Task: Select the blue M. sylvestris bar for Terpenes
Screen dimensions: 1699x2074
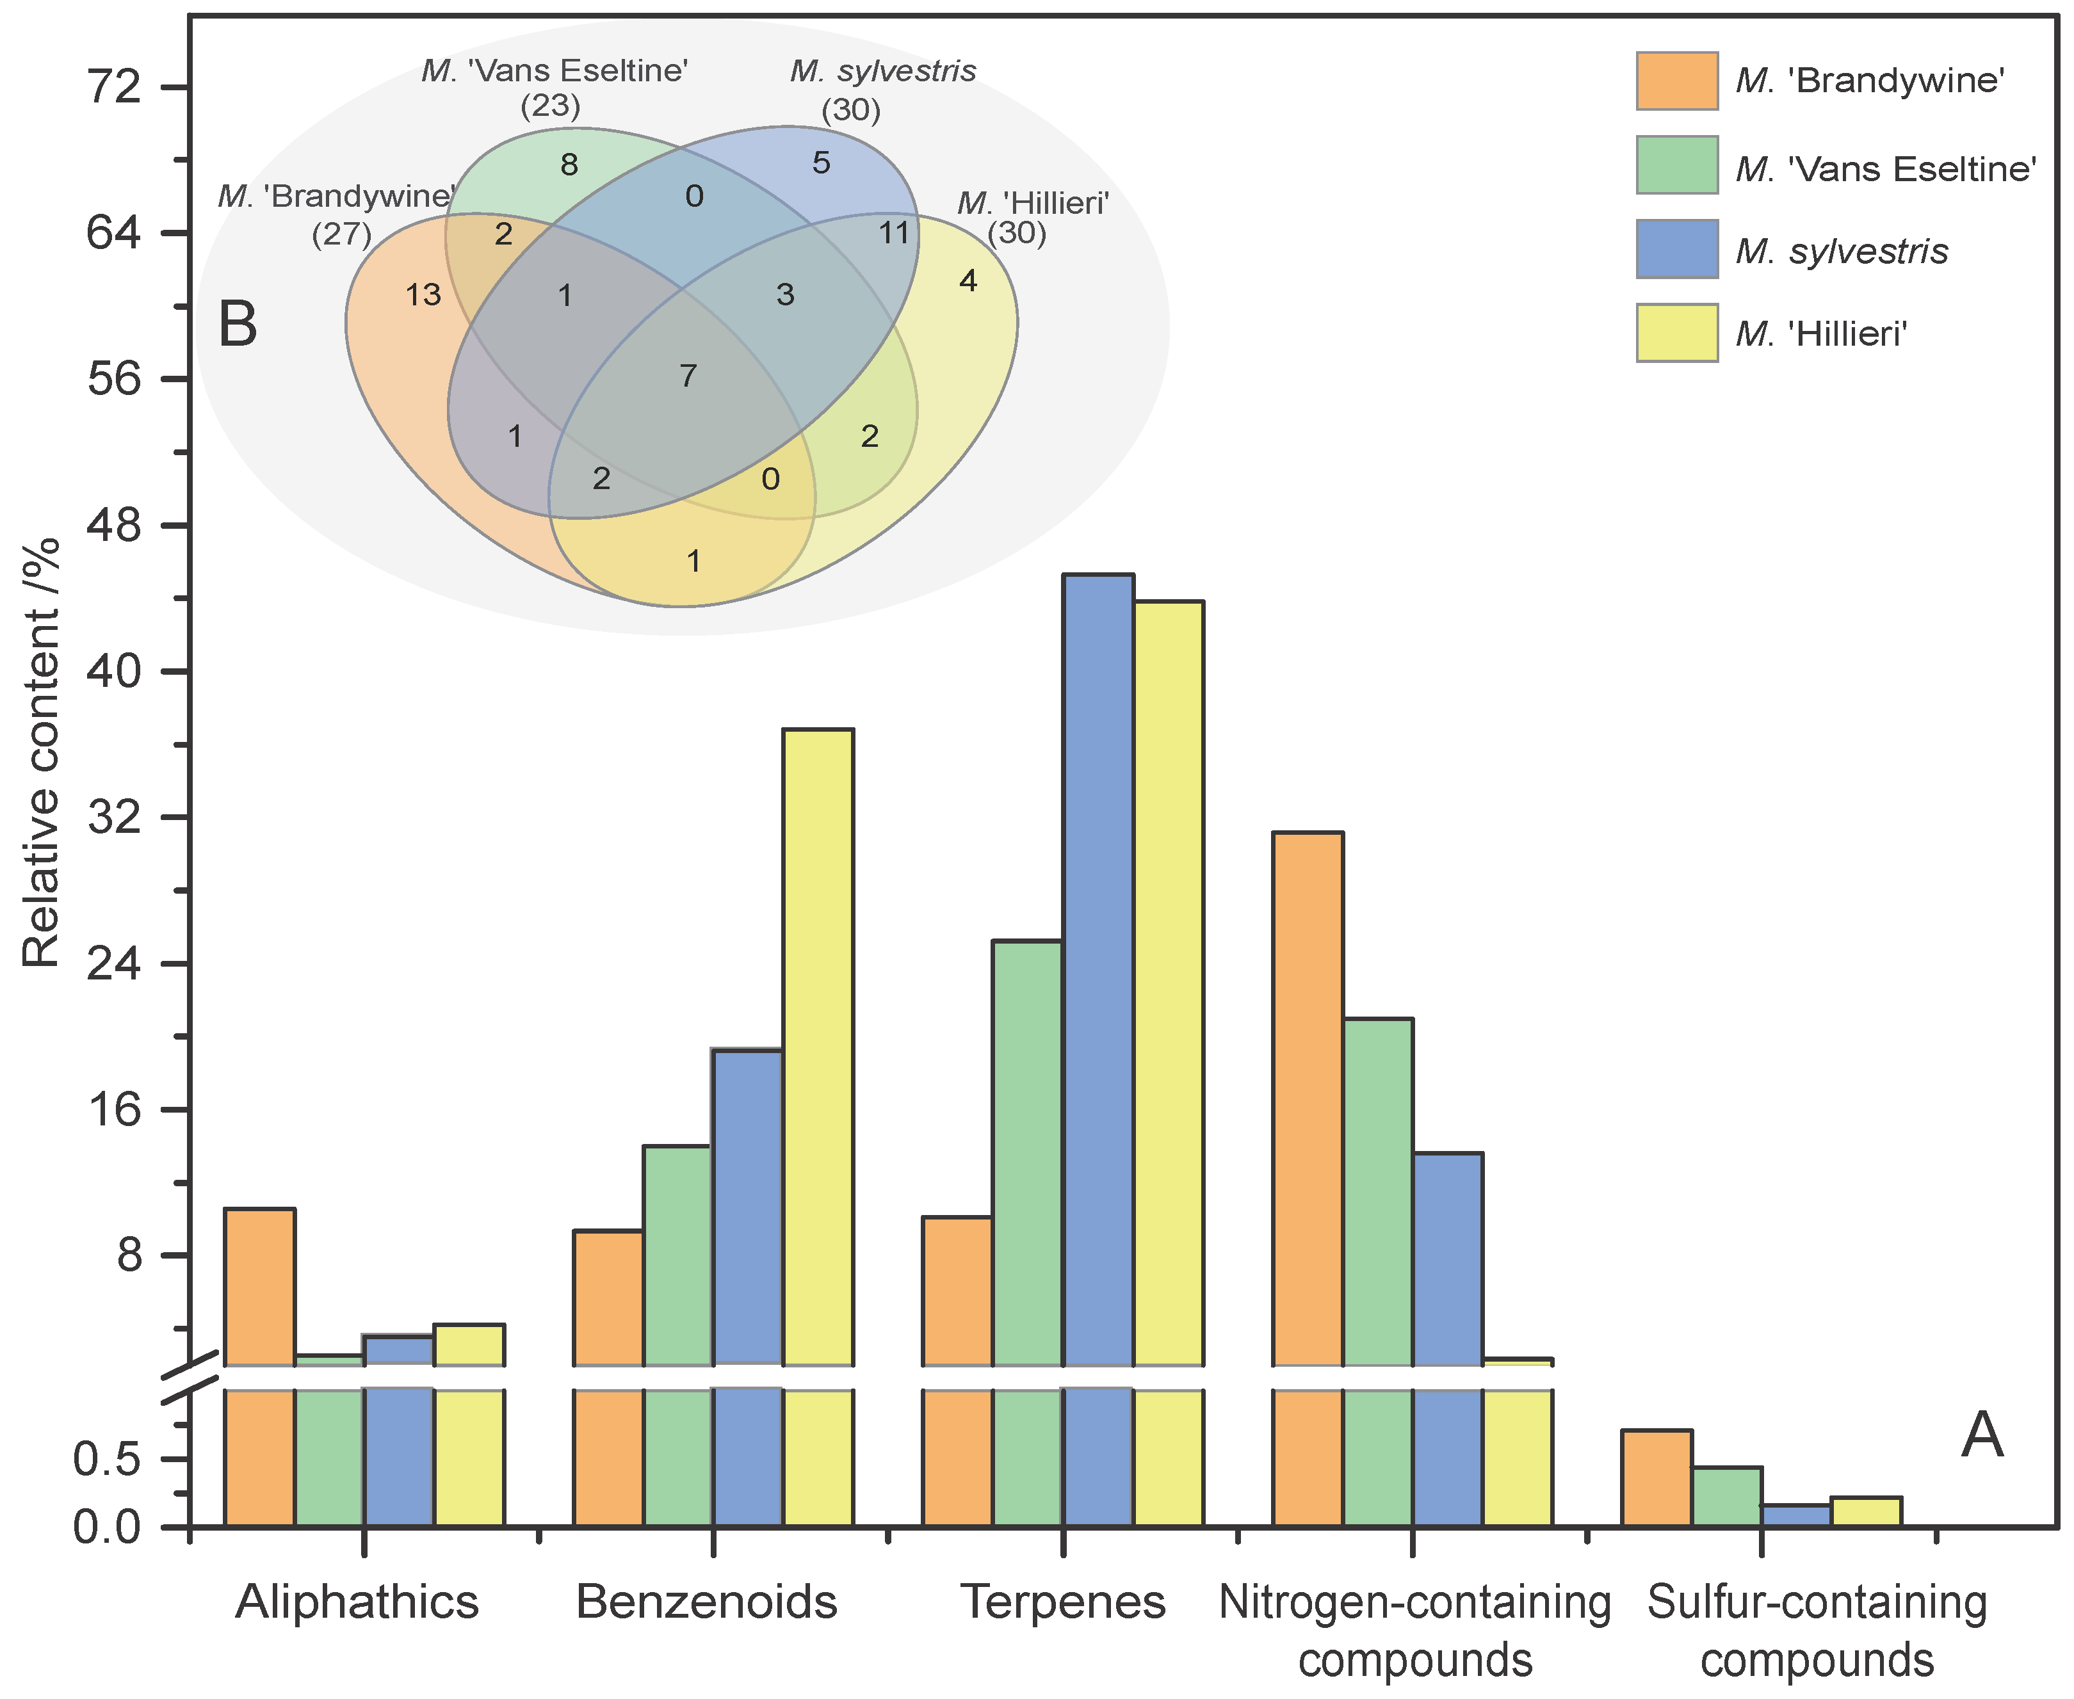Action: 1098,969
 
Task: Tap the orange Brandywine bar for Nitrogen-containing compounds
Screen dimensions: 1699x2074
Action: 1308,1096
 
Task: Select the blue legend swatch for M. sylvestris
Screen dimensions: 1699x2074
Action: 1676,250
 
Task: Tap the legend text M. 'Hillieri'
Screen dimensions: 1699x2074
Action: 1822,335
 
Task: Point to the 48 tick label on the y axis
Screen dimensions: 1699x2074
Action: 115,524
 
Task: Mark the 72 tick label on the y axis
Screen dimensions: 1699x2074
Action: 115,87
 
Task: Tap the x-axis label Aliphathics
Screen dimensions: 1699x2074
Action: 357,1603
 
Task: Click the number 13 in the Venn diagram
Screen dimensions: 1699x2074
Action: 424,294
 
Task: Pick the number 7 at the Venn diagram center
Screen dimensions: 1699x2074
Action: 688,375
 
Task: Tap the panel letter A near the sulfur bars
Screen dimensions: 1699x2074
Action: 1982,1436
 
